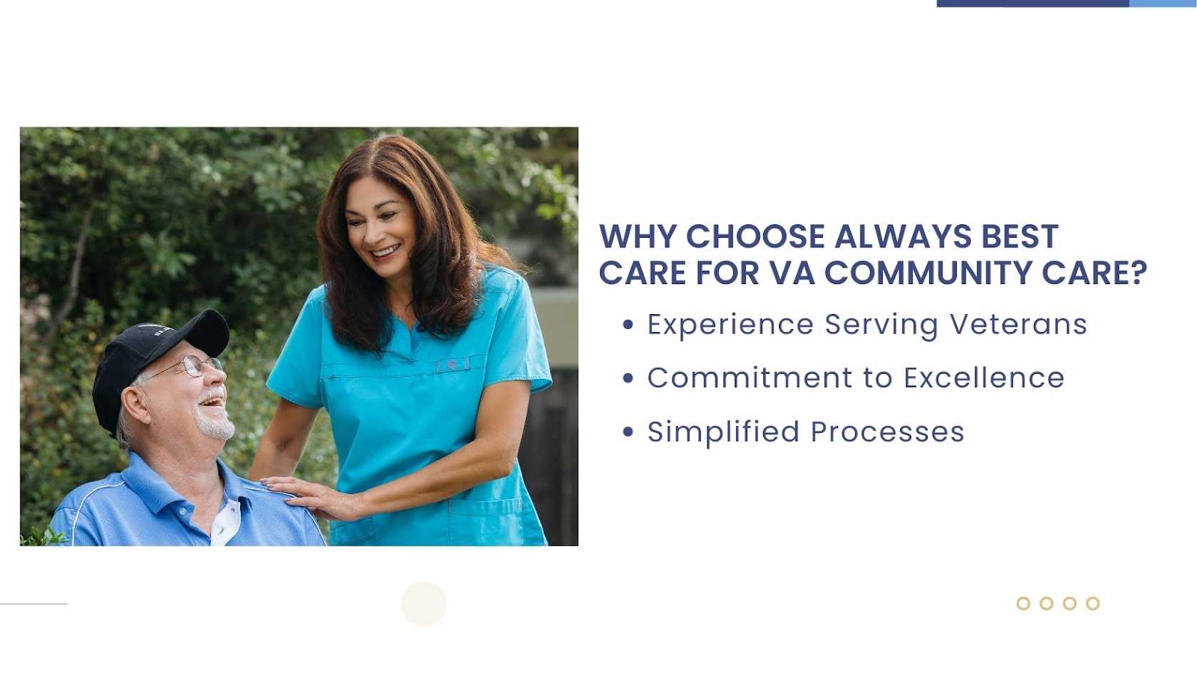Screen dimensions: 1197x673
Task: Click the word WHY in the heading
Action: [x=638, y=236]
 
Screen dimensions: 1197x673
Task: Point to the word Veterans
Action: [x=1018, y=325]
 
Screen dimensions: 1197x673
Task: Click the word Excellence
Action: [x=984, y=378]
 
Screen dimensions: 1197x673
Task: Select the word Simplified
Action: [x=723, y=431]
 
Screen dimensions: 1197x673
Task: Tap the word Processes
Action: [x=887, y=431]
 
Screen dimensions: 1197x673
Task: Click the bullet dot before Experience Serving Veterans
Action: [x=628, y=325]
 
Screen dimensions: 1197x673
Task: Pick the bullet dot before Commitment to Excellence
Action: [x=628, y=378]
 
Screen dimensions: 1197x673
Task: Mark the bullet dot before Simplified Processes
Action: [x=628, y=431]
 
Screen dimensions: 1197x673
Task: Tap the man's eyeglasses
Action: [x=187, y=367]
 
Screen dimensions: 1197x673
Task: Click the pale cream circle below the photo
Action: [x=423, y=604]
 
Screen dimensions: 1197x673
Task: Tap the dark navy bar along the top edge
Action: [x=1033, y=3]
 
